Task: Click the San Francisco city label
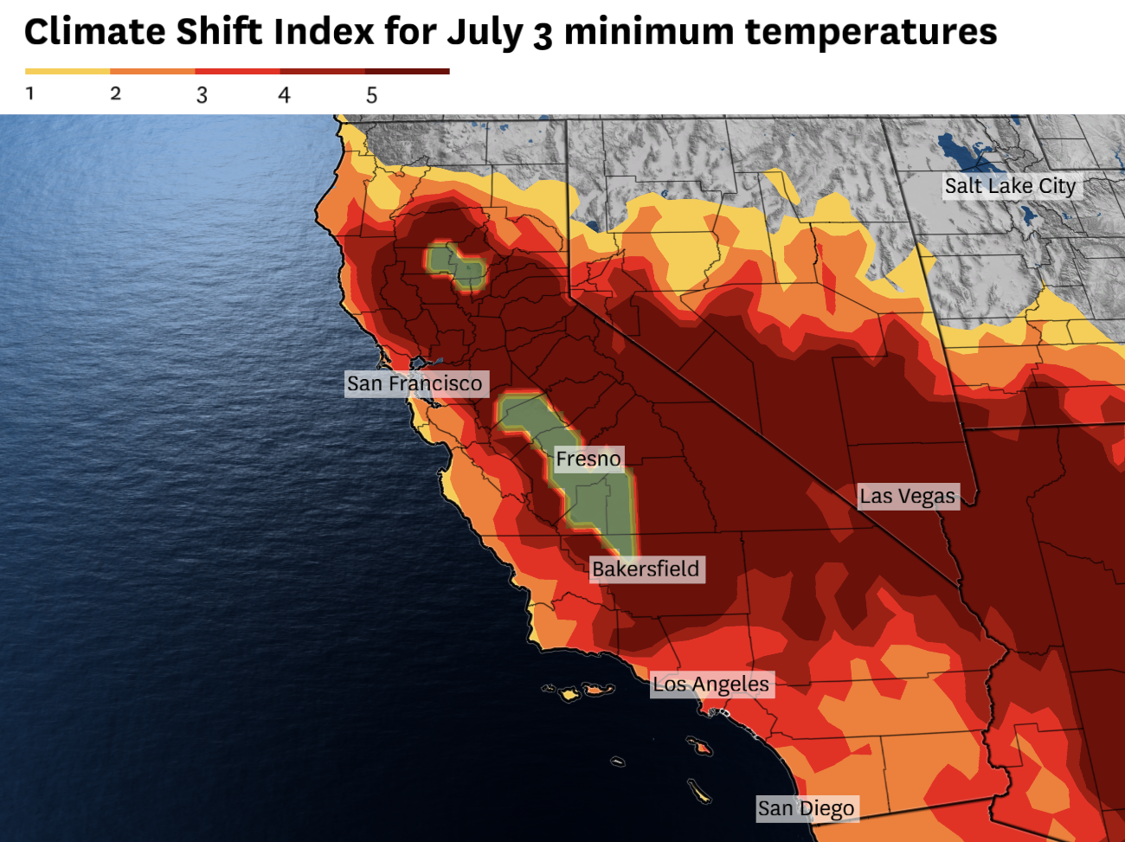tap(415, 383)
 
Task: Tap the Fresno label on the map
tap(588, 459)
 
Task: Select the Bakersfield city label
tap(646, 569)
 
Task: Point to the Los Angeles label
tap(710, 685)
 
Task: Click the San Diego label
tap(807, 808)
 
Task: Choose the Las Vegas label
tap(908, 496)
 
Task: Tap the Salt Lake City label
tap(1010, 186)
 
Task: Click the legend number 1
tap(30, 93)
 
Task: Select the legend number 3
tap(202, 94)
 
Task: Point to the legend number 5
tap(371, 94)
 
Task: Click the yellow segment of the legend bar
tap(67, 71)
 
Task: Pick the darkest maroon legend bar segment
tap(407, 71)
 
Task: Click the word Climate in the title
tap(95, 32)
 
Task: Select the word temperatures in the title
tap(871, 32)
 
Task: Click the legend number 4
tap(284, 94)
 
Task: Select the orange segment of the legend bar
tap(152, 71)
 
